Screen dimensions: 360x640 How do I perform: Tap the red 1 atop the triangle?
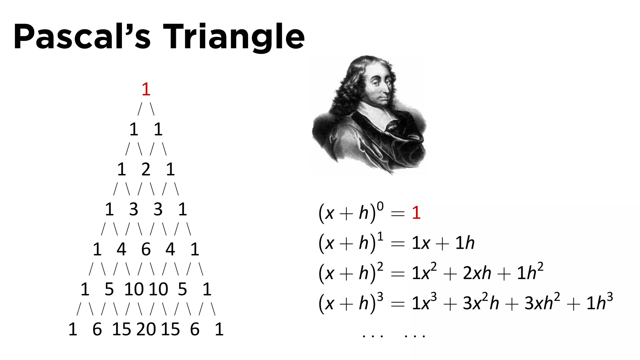coord(146,89)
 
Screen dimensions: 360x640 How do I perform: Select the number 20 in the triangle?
coord(146,329)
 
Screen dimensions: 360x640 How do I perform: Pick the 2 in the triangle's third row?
coord(146,169)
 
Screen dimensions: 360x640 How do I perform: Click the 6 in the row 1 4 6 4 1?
coord(146,249)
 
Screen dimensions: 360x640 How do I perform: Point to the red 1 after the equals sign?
coord(416,213)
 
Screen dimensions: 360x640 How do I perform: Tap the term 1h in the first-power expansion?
coord(465,243)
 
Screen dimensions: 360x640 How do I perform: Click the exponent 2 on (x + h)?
coord(380,267)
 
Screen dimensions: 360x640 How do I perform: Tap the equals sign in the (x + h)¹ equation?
coord(398,244)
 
